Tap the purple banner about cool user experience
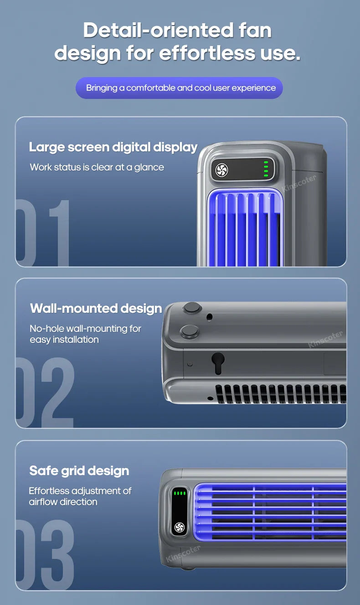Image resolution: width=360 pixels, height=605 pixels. (x=179, y=88)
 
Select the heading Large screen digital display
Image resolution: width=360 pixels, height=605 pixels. (x=113, y=147)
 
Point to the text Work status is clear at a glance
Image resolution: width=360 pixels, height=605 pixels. (x=97, y=167)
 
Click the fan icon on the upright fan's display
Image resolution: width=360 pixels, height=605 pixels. (x=222, y=170)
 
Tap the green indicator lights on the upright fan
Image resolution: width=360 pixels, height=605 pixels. (x=266, y=168)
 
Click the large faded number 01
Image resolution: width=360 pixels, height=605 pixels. (x=43, y=233)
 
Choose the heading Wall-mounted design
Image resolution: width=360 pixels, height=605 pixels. (x=96, y=309)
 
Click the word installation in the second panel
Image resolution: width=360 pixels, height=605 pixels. (x=76, y=340)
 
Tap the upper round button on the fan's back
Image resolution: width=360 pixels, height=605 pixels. (x=192, y=308)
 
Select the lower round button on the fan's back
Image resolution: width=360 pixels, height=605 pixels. (x=189, y=331)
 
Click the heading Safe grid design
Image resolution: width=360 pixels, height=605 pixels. (x=79, y=471)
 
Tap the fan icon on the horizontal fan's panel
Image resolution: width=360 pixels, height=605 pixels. (x=179, y=527)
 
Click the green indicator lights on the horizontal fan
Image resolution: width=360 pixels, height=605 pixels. (x=180, y=493)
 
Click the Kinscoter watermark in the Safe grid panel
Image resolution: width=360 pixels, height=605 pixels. (x=183, y=553)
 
